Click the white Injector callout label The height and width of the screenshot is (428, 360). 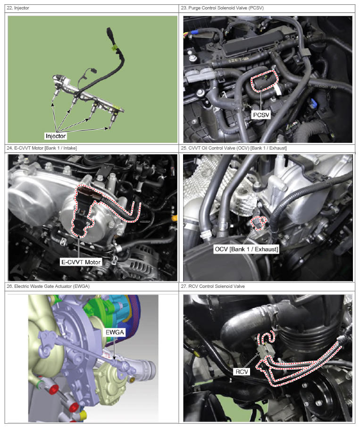click(56, 136)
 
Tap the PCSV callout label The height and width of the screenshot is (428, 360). click(261, 115)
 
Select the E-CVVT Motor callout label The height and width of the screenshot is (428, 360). click(81, 262)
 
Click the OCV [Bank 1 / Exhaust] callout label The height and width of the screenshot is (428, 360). click(246, 249)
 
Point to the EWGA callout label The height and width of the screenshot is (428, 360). click(115, 332)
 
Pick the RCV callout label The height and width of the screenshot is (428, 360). click(242, 371)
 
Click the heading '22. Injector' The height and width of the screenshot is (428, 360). click(18, 8)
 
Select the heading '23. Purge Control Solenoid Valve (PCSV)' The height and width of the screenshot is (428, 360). click(222, 8)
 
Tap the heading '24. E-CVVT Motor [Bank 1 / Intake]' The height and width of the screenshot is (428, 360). click(42, 148)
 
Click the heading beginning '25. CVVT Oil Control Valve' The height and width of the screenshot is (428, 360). click(234, 148)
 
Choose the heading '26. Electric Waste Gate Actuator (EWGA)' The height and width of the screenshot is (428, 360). click(48, 286)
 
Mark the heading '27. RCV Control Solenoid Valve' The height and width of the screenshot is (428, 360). click(213, 286)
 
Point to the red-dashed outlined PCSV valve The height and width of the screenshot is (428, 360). click(264, 81)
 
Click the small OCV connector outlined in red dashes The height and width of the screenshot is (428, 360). click(258, 222)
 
